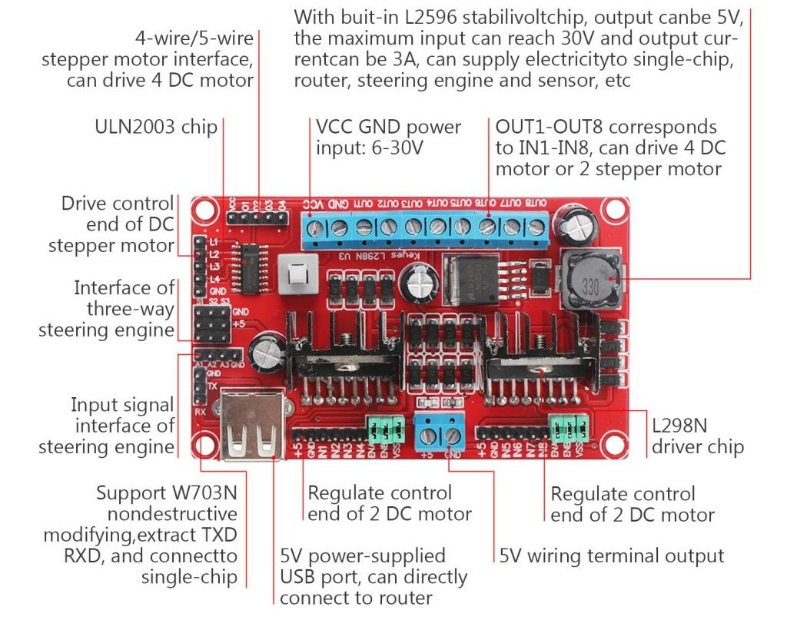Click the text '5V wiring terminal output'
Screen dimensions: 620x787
612,555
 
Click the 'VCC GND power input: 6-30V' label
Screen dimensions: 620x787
388,137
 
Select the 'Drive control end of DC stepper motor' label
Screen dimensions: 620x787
111,224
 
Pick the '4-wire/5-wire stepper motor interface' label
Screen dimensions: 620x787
148,58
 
